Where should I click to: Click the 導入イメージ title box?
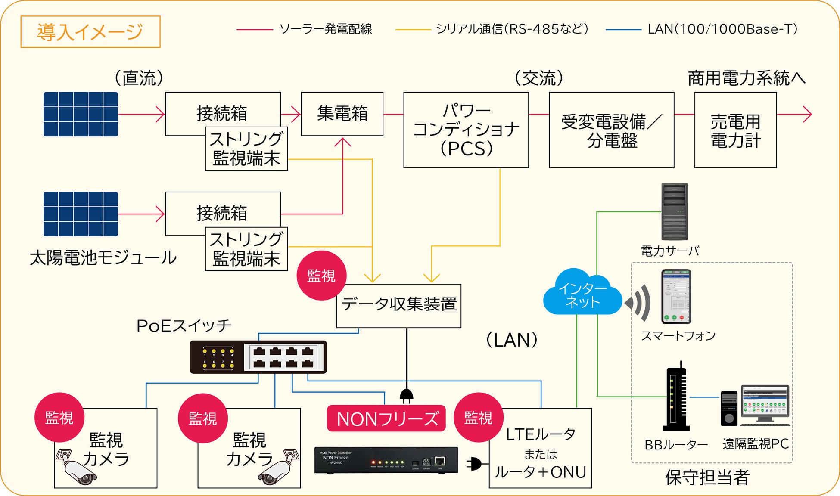tap(90, 32)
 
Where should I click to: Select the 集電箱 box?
tap(342, 114)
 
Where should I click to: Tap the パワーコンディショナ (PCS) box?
tap(466, 130)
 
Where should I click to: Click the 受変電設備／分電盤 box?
tap(611, 130)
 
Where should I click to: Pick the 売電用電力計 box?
tap(735, 130)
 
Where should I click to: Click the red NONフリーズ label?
tap(386, 418)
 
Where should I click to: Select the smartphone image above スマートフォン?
tap(676, 296)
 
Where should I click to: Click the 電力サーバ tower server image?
tap(674, 211)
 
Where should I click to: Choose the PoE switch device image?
tap(258, 357)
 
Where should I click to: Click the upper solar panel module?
tap(81, 114)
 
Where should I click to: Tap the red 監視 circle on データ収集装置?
tap(321, 276)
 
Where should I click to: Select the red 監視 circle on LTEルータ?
tap(478, 418)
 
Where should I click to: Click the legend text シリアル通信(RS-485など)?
tap(512, 29)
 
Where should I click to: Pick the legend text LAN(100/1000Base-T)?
tap(722, 29)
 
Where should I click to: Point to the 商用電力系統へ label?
tap(746, 78)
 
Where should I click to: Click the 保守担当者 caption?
tap(707, 477)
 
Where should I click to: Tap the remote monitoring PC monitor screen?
tap(765, 401)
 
